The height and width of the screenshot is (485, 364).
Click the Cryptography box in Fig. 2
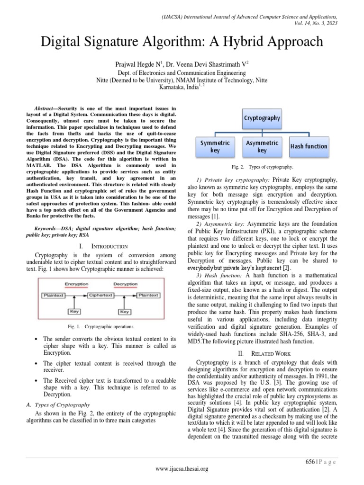262,118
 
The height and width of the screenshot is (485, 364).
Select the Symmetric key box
215,146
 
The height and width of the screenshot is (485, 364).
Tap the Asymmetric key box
262,146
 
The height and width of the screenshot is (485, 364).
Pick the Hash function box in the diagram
309,146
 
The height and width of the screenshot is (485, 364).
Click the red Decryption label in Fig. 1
126,284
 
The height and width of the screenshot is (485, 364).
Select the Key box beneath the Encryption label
74,312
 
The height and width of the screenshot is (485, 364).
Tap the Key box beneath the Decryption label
125,312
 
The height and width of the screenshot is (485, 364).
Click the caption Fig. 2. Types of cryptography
262,167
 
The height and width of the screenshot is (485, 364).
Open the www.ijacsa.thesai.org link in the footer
182,469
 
